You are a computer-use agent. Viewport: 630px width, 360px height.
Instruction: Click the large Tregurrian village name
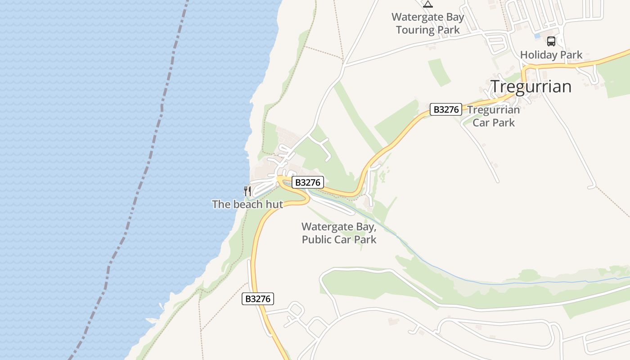coord(531,86)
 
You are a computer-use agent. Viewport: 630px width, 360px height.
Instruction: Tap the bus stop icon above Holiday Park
coord(551,41)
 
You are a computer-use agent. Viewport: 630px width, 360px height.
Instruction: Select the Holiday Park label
coord(551,55)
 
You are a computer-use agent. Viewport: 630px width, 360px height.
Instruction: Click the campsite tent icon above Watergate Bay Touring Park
coord(427,4)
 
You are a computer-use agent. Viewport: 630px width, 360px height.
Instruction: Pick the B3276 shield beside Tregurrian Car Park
coord(445,109)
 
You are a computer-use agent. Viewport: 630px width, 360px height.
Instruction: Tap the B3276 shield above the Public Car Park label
coord(308,182)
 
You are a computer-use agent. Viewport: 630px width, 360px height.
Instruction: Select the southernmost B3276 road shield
coord(258,298)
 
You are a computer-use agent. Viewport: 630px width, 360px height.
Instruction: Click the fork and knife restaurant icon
coord(247,191)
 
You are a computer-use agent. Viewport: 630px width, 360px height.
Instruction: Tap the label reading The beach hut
coord(247,204)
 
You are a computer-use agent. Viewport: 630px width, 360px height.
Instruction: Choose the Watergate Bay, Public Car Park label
coord(339,233)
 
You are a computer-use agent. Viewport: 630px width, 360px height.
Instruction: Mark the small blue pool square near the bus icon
coord(537,36)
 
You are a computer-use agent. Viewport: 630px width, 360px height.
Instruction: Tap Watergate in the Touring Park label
coord(415,18)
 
